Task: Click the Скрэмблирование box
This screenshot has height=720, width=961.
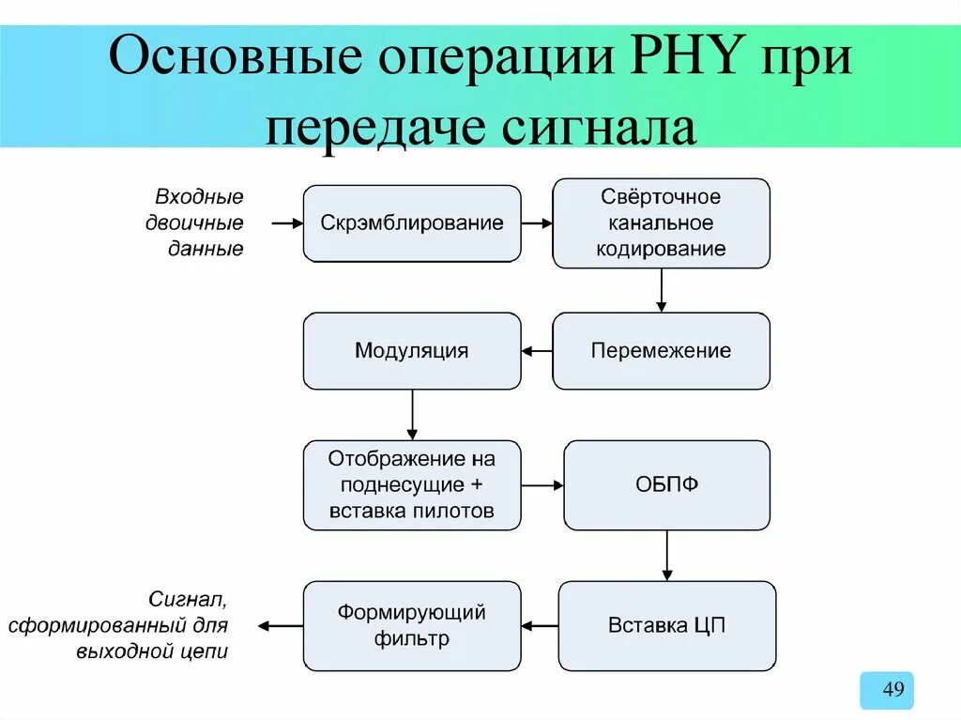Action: (x=411, y=223)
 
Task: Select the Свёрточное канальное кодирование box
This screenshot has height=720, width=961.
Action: (x=661, y=223)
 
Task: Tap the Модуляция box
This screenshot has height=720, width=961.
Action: (x=411, y=351)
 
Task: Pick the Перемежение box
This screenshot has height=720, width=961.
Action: (x=661, y=351)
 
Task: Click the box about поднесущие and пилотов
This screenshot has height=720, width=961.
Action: (x=411, y=485)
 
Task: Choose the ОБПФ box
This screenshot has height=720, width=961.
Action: (x=666, y=485)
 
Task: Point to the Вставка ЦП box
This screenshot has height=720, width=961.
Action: (x=666, y=625)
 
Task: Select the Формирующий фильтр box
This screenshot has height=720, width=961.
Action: (x=411, y=625)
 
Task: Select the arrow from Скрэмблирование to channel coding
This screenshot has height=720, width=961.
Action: (x=536, y=223)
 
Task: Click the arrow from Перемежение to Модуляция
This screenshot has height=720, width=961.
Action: (x=536, y=351)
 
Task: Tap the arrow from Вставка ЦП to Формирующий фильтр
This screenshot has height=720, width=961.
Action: (x=539, y=625)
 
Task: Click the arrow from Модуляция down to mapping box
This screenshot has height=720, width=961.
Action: (x=411, y=414)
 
